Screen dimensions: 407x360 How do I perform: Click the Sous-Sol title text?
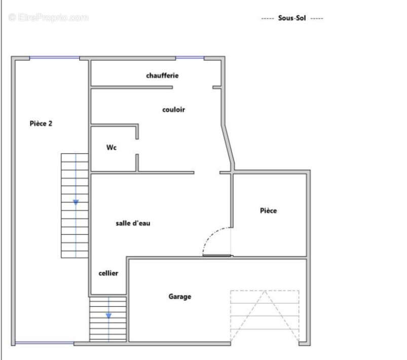[x=292, y=18]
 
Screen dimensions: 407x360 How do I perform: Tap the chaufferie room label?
[x=162, y=75]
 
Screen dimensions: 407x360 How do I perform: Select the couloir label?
[x=174, y=109]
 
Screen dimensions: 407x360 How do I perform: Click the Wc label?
[x=112, y=147]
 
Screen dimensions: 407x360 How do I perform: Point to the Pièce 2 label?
[x=41, y=124]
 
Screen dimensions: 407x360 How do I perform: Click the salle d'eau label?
[x=133, y=223]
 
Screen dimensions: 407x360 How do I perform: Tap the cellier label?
[x=108, y=273]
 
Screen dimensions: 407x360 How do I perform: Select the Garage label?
[x=180, y=296]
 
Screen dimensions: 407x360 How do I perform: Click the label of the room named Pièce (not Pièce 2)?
[x=269, y=210]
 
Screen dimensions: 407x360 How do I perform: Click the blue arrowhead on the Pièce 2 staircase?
[x=76, y=203]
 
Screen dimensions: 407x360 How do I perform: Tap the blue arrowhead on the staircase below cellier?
[x=108, y=315]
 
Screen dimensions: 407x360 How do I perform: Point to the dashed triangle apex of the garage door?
[x=265, y=291]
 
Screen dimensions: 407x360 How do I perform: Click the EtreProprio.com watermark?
[x=49, y=17]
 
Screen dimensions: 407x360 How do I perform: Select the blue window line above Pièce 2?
[x=54, y=57]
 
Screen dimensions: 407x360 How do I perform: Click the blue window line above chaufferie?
[x=190, y=57]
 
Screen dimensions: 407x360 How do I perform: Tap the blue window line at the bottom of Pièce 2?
[x=45, y=343]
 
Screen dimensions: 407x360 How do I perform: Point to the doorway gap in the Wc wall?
[x=137, y=147]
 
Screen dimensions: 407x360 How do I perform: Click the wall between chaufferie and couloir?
[x=132, y=88]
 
